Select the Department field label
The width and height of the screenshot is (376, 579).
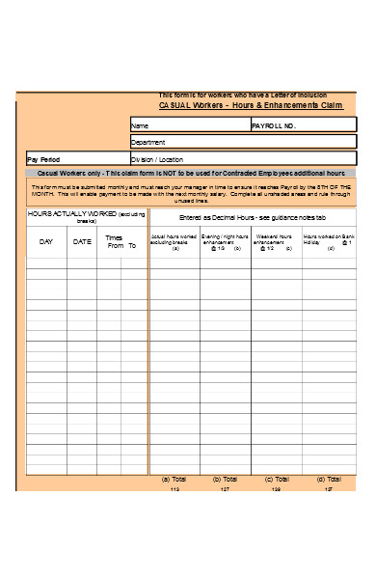coord(148,142)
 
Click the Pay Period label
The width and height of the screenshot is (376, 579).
coord(44,159)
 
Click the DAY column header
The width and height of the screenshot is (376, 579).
coord(46,241)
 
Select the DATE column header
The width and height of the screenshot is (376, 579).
coord(82,241)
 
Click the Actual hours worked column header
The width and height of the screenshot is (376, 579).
coord(175,241)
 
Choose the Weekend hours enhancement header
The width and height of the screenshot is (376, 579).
coord(276,241)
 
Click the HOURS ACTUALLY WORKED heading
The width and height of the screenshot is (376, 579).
coord(87,215)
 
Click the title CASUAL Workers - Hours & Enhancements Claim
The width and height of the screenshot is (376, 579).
coord(251,104)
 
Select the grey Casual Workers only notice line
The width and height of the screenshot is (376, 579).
coord(190,173)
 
